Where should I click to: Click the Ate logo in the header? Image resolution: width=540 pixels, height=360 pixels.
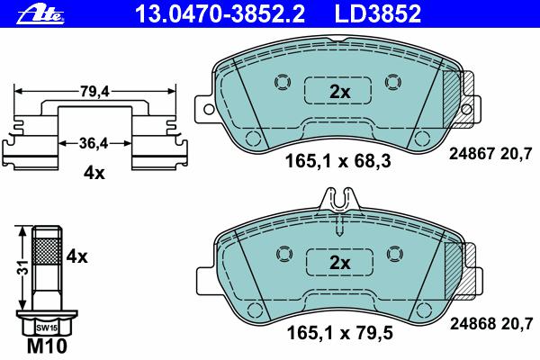pyautogui.click(x=40, y=15)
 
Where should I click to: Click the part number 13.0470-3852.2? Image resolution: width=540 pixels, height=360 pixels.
pyautogui.click(x=220, y=14)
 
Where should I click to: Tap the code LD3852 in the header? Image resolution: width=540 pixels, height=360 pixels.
pyautogui.click(x=378, y=14)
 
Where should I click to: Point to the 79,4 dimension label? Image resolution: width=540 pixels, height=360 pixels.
pyautogui.click(x=94, y=91)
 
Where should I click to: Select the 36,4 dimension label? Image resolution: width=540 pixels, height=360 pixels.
pyautogui.click(x=94, y=143)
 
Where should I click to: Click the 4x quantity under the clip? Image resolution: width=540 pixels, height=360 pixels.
pyautogui.click(x=94, y=173)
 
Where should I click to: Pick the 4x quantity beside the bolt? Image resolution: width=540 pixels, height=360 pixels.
pyautogui.click(x=76, y=256)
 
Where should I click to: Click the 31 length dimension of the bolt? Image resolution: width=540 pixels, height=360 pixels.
pyautogui.click(x=22, y=267)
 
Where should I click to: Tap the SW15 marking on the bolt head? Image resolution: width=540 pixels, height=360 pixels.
pyautogui.click(x=47, y=328)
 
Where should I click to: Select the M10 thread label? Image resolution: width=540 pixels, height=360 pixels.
pyautogui.click(x=47, y=346)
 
